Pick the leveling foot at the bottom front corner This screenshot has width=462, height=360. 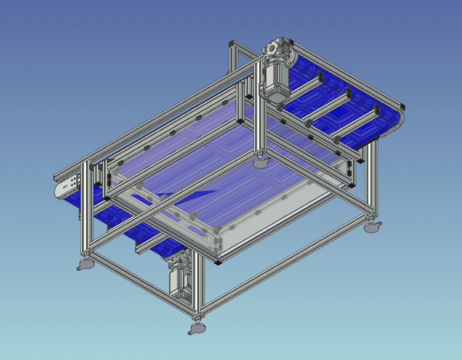tap(196, 327)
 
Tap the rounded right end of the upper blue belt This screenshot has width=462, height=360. tap(397, 120)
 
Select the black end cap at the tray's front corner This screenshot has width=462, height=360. tap(218, 261)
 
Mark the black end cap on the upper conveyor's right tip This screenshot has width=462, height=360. tap(404, 105)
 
